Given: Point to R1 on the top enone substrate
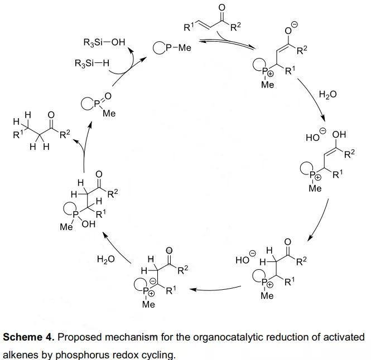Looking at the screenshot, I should (189, 25).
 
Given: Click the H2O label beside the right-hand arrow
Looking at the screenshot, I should (327, 95).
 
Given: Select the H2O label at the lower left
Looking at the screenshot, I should (106, 259).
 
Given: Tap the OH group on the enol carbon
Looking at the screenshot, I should (339, 135).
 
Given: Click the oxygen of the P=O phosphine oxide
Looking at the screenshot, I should (108, 96).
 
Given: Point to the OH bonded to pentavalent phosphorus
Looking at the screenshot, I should (88, 225).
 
